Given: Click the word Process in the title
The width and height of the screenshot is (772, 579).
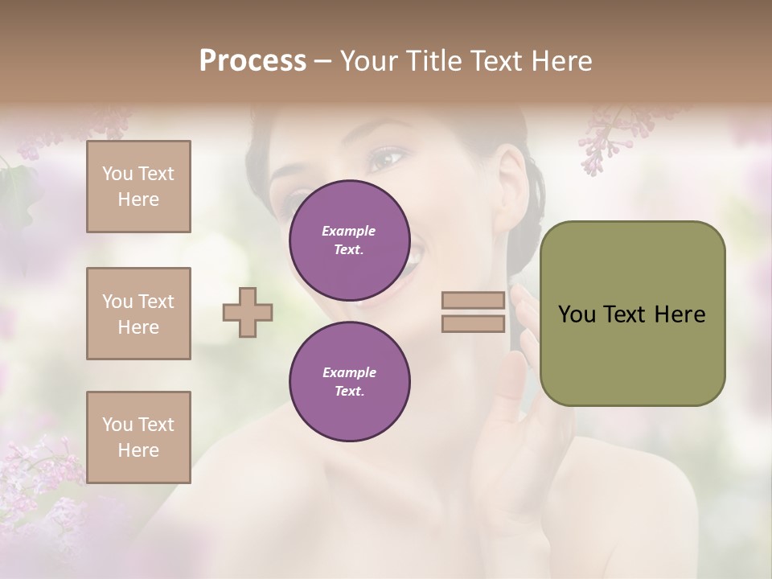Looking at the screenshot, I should pos(253,60).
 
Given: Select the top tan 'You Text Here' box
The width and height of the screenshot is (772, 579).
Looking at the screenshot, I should pos(138,187).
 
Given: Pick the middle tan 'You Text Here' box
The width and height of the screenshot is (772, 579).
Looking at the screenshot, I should pos(138,314).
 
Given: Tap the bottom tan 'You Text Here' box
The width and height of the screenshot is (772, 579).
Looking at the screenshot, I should pos(138,437).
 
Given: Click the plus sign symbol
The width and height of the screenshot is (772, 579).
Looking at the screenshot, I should pos(248,312).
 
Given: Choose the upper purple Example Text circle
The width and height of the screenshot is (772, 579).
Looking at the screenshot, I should pos(349,240).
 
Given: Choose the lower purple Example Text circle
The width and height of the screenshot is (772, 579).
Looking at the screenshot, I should pos(349,382).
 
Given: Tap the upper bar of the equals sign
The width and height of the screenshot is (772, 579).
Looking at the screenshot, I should pos(474,301).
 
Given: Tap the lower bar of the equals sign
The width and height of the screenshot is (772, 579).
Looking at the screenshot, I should pos(474,323).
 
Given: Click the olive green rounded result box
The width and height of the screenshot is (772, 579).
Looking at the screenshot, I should pos(632,313).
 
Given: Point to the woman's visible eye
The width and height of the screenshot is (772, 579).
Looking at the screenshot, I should pos(384,158).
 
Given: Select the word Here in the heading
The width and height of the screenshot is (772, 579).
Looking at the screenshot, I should pos(561,60).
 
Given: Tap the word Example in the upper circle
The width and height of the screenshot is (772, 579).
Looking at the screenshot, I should pos(349,231).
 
